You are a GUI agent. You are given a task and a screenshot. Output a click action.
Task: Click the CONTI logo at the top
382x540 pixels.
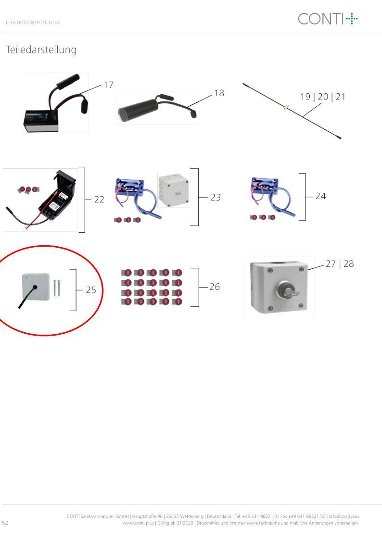pos(328,19)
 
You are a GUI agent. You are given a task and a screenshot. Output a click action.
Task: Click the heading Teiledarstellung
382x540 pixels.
pos(41,50)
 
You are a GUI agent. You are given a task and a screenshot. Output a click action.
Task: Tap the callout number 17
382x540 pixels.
pos(109,85)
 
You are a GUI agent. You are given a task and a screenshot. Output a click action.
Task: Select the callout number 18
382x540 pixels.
pos(219,93)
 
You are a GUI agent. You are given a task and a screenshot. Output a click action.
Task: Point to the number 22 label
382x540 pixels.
pos(99,200)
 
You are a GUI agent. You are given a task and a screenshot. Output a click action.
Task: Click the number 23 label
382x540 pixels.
pos(216,197)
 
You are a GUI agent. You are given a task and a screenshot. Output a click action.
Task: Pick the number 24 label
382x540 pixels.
pos(321,196)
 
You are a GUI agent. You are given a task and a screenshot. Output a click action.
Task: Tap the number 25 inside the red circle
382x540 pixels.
pos(91,290)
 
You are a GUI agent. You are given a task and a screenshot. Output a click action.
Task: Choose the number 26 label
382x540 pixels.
pos(215,287)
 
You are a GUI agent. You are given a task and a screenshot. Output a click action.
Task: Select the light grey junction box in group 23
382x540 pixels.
pos(174,190)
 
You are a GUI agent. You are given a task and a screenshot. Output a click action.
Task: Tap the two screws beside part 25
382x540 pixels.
pos(56,288)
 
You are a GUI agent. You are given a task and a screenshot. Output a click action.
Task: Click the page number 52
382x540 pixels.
pos(5,522)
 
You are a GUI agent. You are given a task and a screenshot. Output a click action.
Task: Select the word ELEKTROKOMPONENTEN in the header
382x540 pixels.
pos(33,23)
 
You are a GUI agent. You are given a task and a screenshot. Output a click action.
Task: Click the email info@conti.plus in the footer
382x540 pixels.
pos(344,516)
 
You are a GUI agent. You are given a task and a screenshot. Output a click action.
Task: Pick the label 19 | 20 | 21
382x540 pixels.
pos(323,97)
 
